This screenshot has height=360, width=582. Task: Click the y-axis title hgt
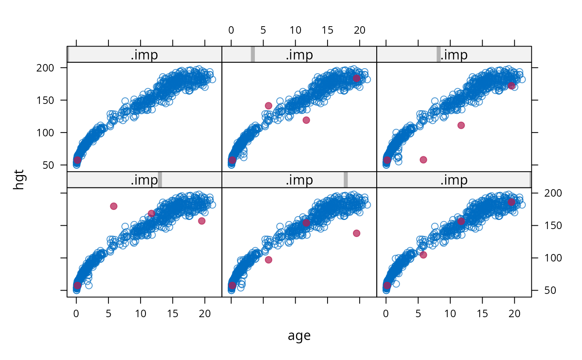pos(19,180)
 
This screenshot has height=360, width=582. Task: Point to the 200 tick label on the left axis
pos(45,68)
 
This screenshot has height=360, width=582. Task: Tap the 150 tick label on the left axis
pos(45,100)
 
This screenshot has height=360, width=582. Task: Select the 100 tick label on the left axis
pos(45,133)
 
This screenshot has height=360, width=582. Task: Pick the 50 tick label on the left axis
pos(48,165)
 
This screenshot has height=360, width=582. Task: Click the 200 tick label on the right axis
pos(553,193)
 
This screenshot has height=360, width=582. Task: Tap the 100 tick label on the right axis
pos(553,258)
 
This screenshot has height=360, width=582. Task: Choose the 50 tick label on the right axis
pos(550,291)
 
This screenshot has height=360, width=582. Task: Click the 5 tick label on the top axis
pos(263,30)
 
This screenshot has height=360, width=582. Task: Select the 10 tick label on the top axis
pos(296,30)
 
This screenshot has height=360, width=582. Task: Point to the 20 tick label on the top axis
pos(360,30)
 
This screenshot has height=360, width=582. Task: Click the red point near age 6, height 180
pos(113,206)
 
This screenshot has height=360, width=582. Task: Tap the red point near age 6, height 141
pos(269,106)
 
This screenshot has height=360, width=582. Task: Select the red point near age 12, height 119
pos(306,120)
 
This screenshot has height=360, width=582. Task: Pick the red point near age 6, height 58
pos(423,160)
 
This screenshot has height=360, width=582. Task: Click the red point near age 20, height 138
pos(357,233)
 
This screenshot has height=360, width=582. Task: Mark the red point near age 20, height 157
pos(202,221)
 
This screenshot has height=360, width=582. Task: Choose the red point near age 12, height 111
pos(461,126)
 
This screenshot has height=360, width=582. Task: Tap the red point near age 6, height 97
pos(269,260)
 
